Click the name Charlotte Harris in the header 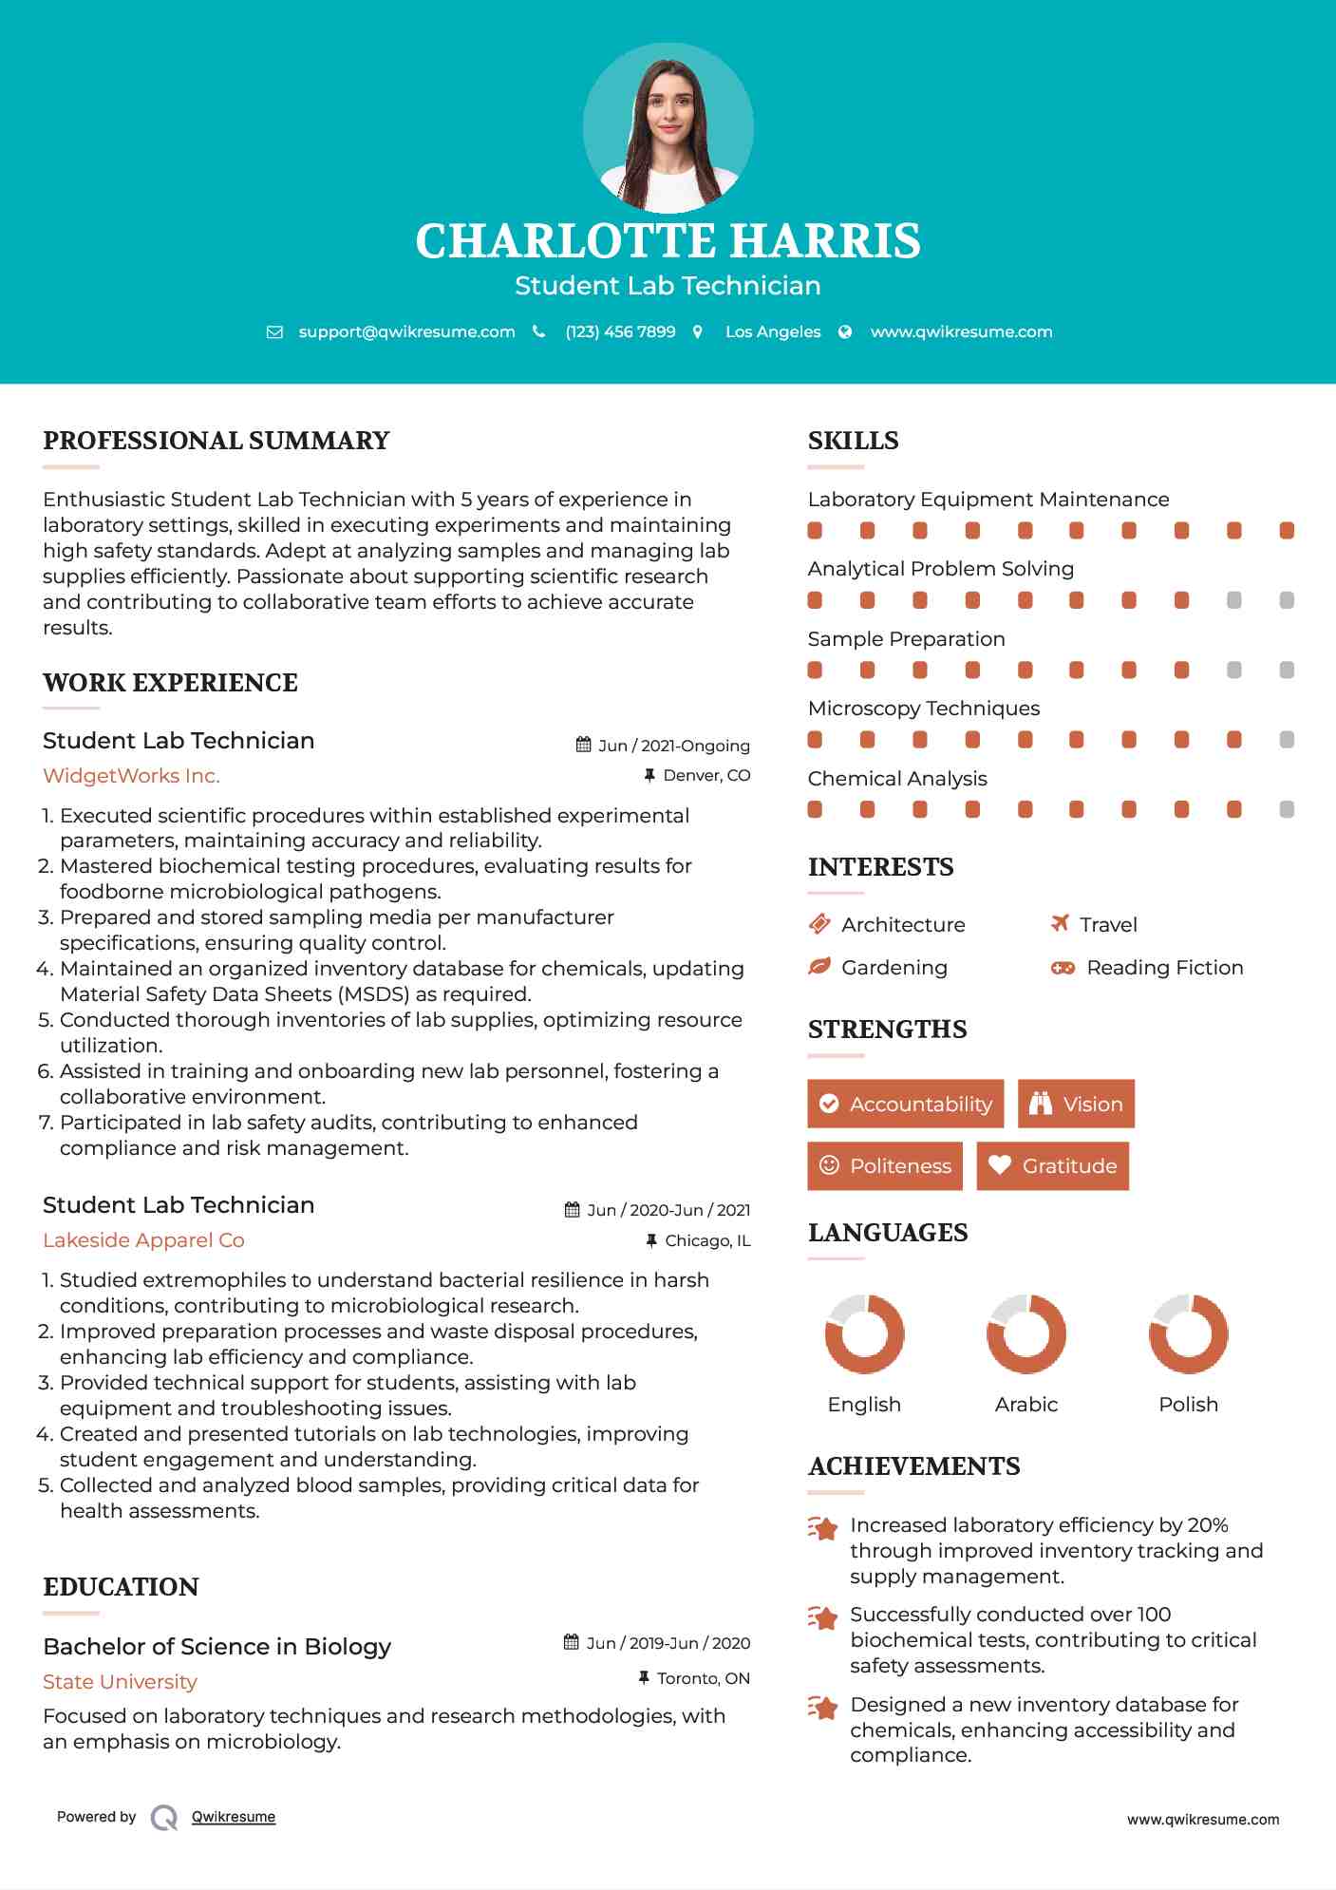pos(668,241)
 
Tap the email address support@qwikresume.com pos(406,332)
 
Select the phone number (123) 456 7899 pos(620,332)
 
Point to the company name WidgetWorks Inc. pos(131,776)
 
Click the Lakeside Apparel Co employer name pos(143,1240)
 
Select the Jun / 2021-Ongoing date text pos(673,747)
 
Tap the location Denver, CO pos(706,776)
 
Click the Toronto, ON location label pos(703,1679)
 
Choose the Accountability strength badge pos(905,1104)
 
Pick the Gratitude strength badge pos(1052,1166)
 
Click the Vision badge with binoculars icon pos(1076,1104)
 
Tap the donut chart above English pos(864,1333)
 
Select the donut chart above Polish pos(1188,1333)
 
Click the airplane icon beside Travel pos(1060,923)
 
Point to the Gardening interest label pos(894,968)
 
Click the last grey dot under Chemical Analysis pos(1287,810)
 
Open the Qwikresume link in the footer pos(233,1817)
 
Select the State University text pos(120,1682)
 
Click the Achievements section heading pos(913,1466)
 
